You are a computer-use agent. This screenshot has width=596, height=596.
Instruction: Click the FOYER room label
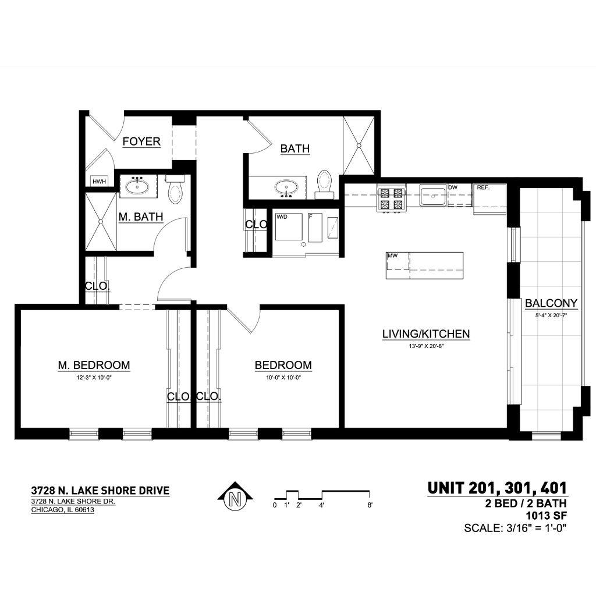pyautogui.click(x=141, y=141)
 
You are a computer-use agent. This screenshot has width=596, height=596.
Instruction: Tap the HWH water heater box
pyautogui.click(x=99, y=182)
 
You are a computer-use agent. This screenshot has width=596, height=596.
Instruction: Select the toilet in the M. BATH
pyautogui.click(x=175, y=189)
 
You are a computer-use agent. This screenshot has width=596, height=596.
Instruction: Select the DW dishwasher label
pyautogui.click(x=453, y=188)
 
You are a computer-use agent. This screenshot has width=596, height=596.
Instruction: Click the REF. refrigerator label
pyautogui.click(x=483, y=188)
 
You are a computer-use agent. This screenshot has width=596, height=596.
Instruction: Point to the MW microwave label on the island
pyautogui.click(x=393, y=256)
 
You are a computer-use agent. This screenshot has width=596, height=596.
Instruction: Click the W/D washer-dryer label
pyautogui.click(x=282, y=217)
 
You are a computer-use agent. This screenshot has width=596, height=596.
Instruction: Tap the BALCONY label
pyautogui.click(x=551, y=303)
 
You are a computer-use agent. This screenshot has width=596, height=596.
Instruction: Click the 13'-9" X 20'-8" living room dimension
pyautogui.click(x=426, y=346)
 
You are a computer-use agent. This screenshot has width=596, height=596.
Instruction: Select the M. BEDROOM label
pyautogui.click(x=94, y=366)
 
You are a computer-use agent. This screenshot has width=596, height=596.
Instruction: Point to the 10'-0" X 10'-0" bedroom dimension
pyautogui.click(x=283, y=378)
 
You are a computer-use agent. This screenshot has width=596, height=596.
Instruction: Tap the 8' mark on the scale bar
pyautogui.click(x=370, y=505)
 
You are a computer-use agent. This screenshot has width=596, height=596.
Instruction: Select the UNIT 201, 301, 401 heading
pyautogui.click(x=497, y=488)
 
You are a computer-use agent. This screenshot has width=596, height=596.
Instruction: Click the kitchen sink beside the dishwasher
pyautogui.click(x=433, y=196)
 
